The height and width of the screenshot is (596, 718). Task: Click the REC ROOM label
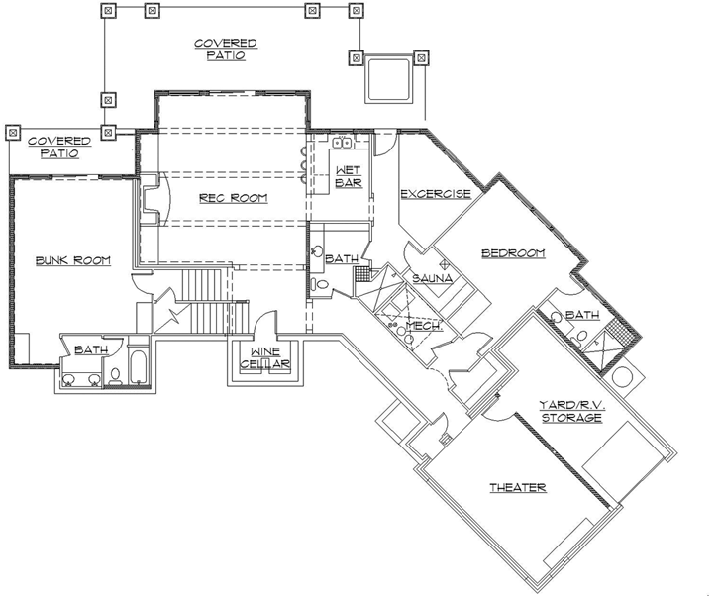pos(234,198)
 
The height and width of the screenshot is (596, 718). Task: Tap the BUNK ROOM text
pos(72,260)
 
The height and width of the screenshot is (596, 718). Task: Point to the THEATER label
pos(518,488)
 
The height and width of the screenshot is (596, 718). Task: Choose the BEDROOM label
pos(513,253)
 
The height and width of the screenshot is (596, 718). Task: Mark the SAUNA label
pos(432,278)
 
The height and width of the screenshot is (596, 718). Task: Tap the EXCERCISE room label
pos(435,194)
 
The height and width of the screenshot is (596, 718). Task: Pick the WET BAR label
pos(348,176)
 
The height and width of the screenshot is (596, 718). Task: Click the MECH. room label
pos(424,325)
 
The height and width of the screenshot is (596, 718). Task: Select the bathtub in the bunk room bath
pos(138,365)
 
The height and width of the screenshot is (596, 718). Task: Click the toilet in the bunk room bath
pos(115,375)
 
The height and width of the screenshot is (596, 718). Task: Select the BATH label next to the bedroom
pos(582,315)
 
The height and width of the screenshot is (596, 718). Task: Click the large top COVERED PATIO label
pos(226,50)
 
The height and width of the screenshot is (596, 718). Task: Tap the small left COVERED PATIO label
pos(58,148)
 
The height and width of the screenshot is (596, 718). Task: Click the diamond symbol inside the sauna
pos(447,263)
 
